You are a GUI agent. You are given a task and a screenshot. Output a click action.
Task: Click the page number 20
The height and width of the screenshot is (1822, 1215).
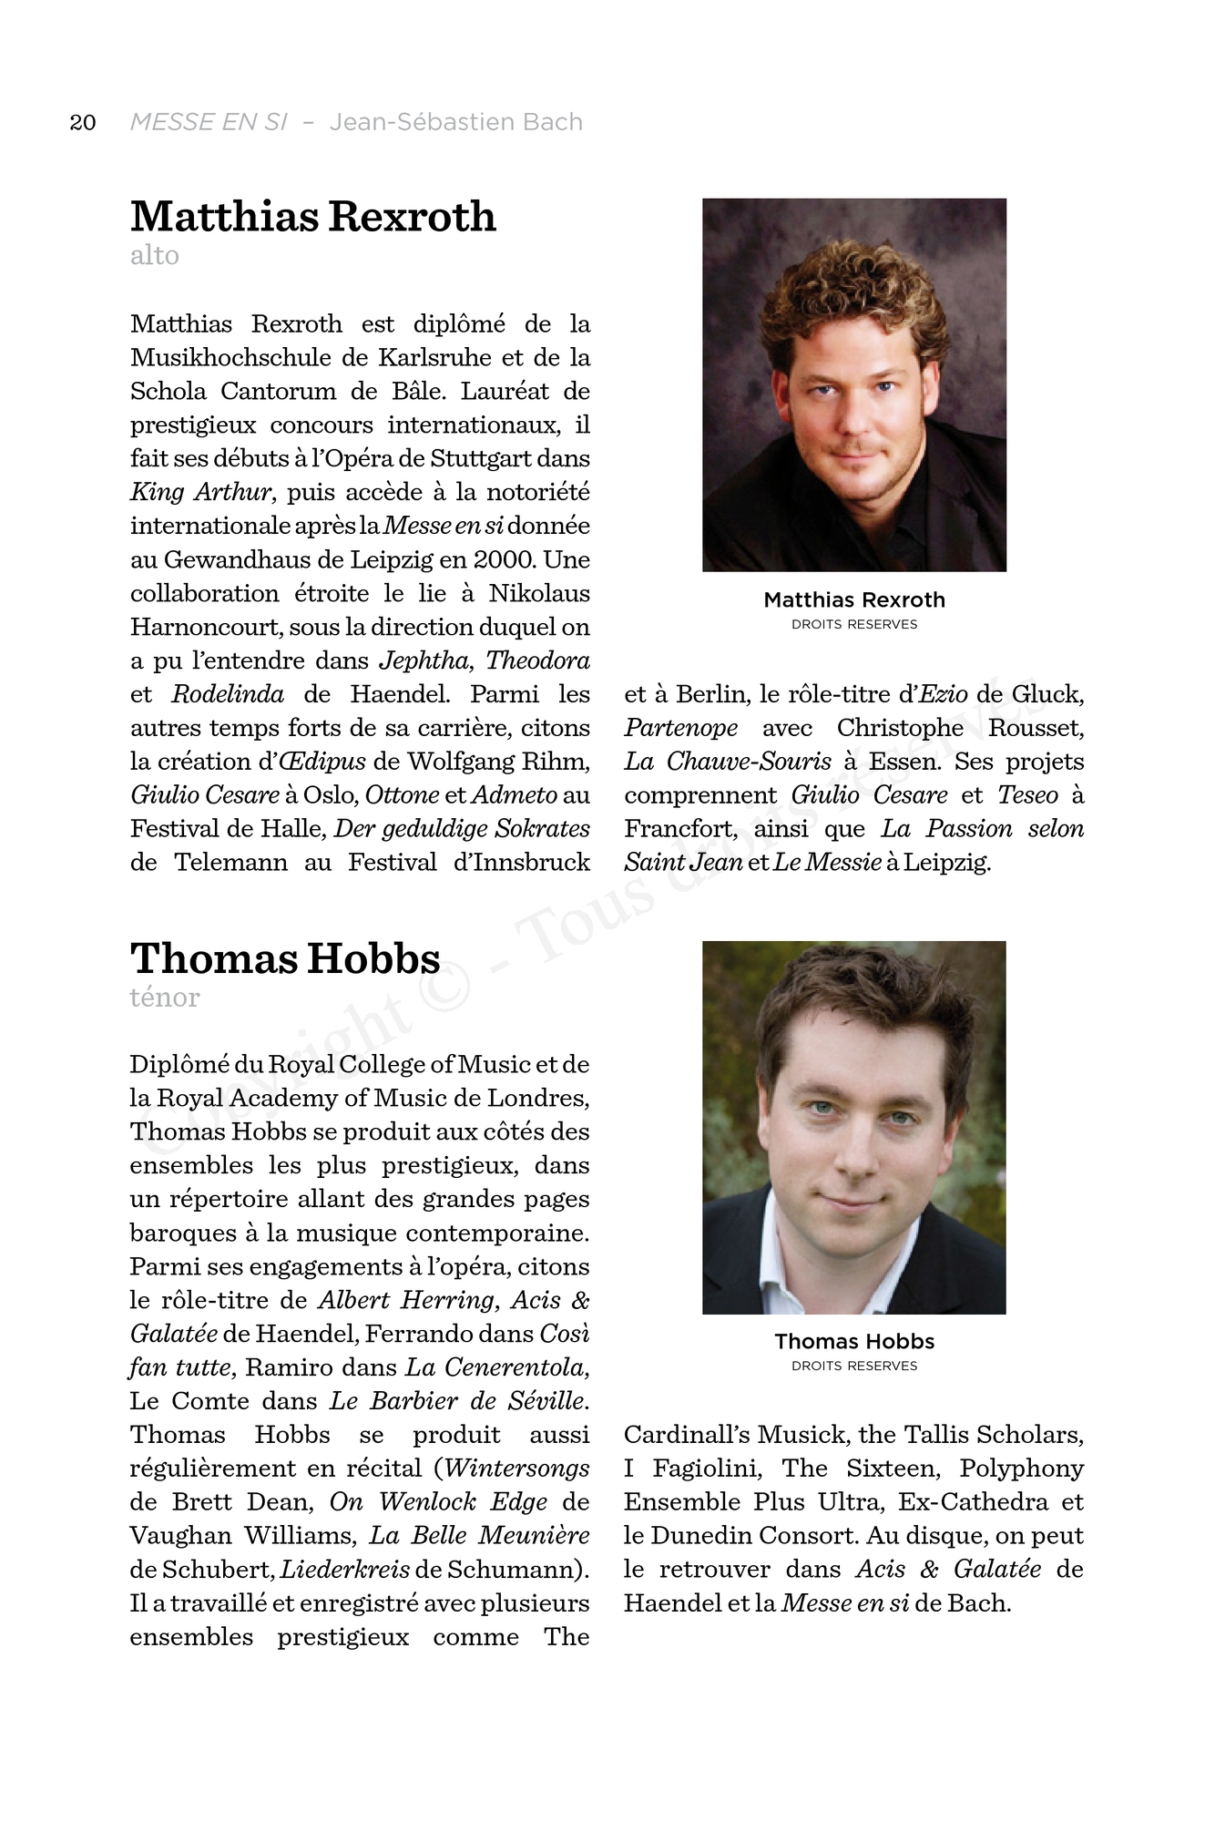(x=83, y=123)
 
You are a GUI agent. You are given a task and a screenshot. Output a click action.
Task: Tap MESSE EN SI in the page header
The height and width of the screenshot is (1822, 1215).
(x=209, y=122)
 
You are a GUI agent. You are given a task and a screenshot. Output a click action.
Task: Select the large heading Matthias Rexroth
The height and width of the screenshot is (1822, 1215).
(x=313, y=217)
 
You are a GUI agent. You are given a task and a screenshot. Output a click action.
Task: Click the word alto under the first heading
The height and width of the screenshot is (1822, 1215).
(x=155, y=255)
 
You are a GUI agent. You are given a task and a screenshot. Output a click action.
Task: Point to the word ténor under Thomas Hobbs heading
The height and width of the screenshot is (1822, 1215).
(x=165, y=998)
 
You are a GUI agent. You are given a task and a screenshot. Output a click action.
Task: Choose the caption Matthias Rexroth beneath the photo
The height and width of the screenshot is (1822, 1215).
(x=854, y=600)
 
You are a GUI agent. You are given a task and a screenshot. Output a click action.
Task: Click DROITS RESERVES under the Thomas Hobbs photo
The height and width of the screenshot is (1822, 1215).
(x=854, y=1366)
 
